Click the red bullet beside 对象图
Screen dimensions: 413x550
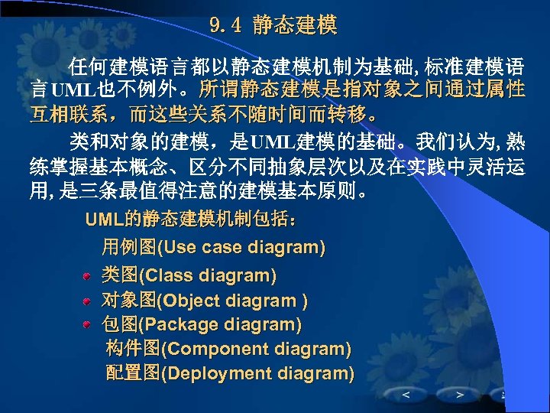[89, 301]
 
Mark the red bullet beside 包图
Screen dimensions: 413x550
[89, 324]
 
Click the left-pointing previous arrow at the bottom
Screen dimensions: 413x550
[405, 395]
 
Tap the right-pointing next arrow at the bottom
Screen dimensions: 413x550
[459, 395]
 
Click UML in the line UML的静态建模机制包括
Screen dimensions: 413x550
[103, 221]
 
